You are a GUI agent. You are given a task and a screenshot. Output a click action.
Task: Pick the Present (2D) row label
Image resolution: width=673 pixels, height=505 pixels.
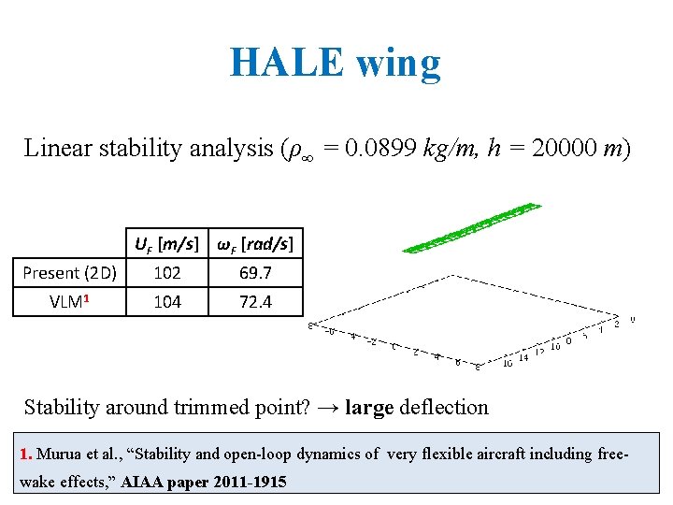70,273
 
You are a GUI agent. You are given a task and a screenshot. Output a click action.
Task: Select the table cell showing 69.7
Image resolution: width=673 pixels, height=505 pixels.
255,273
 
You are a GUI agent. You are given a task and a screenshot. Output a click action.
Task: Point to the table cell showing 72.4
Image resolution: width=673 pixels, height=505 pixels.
255,301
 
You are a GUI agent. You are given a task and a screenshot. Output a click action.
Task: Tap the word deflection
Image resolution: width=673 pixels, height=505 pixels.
443,408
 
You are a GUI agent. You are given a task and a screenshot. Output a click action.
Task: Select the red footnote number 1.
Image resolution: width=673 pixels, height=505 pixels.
25,454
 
